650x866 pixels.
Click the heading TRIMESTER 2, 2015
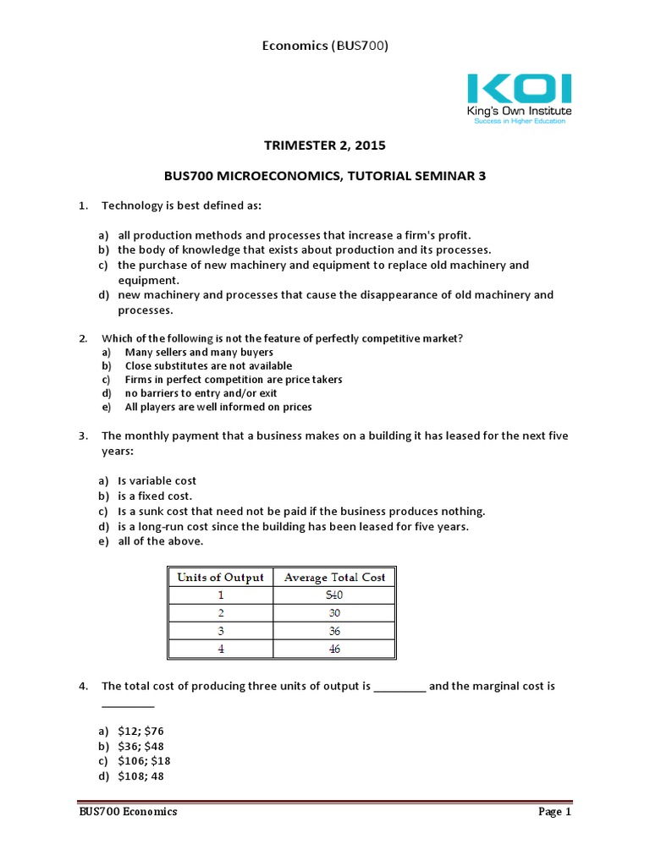click(325, 145)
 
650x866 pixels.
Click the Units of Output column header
click(220, 578)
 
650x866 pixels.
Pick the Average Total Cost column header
click(334, 578)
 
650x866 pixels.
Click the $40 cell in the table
click(334, 595)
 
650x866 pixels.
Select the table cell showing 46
click(334, 649)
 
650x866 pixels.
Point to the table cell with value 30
click(334, 613)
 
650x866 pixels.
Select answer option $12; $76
click(141, 730)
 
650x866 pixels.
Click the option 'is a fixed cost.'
click(155, 496)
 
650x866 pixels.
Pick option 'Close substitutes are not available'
click(208, 366)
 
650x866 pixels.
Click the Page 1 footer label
click(555, 812)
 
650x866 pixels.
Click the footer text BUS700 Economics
click(124, 812)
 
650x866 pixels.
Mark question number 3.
click(84, 436)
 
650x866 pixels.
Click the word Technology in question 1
click(131, 206)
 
